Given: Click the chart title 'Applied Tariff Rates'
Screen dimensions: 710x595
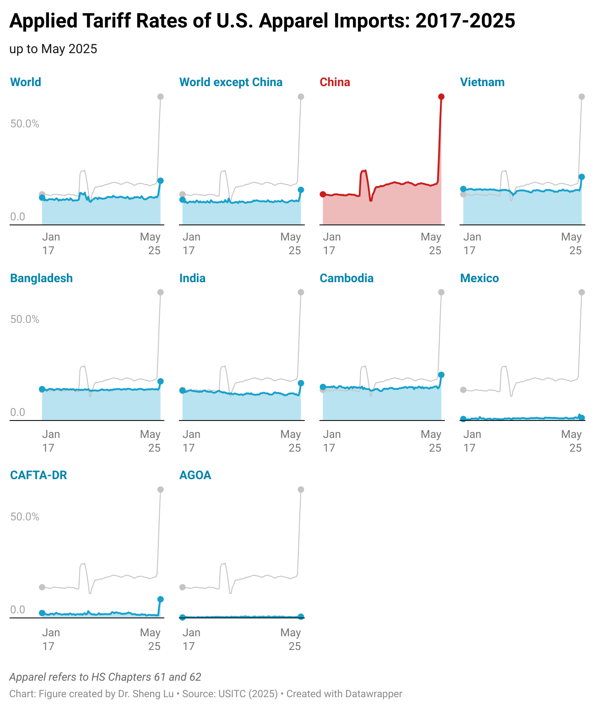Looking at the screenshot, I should point(262,21).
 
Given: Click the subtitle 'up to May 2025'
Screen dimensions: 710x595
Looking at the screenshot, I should point(53,49).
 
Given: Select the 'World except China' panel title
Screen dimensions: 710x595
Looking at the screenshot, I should point(231,82).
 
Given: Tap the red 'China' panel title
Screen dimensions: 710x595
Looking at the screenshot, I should point(335,82).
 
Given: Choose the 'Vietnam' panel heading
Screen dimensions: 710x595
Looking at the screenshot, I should point(482,82).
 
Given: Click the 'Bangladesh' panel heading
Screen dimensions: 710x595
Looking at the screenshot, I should point(41,278).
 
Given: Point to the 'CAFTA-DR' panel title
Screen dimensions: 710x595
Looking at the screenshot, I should point(38,475).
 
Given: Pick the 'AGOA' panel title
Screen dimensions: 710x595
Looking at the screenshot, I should point(195,475).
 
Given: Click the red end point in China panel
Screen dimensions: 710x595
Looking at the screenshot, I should point(441,97).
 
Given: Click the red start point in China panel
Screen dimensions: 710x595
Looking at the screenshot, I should point(323,194).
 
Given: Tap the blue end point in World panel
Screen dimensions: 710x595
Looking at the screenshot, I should point(160,180).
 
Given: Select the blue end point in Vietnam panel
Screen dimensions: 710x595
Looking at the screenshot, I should point(581,177).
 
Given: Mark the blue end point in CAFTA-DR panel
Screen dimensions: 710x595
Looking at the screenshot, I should point(160,599).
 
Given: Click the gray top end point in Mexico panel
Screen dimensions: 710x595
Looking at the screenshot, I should point(581,292).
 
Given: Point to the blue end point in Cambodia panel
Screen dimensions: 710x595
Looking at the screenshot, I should point(441,375).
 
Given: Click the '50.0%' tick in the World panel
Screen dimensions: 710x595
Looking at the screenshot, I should point(25,124).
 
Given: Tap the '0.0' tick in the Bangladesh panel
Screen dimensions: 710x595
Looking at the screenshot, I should point(18,412).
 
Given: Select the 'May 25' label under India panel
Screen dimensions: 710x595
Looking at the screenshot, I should point(291,441).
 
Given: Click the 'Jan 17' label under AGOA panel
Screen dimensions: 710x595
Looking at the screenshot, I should point(191,639).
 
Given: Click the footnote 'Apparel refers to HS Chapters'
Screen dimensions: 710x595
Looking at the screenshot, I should point(105,677).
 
